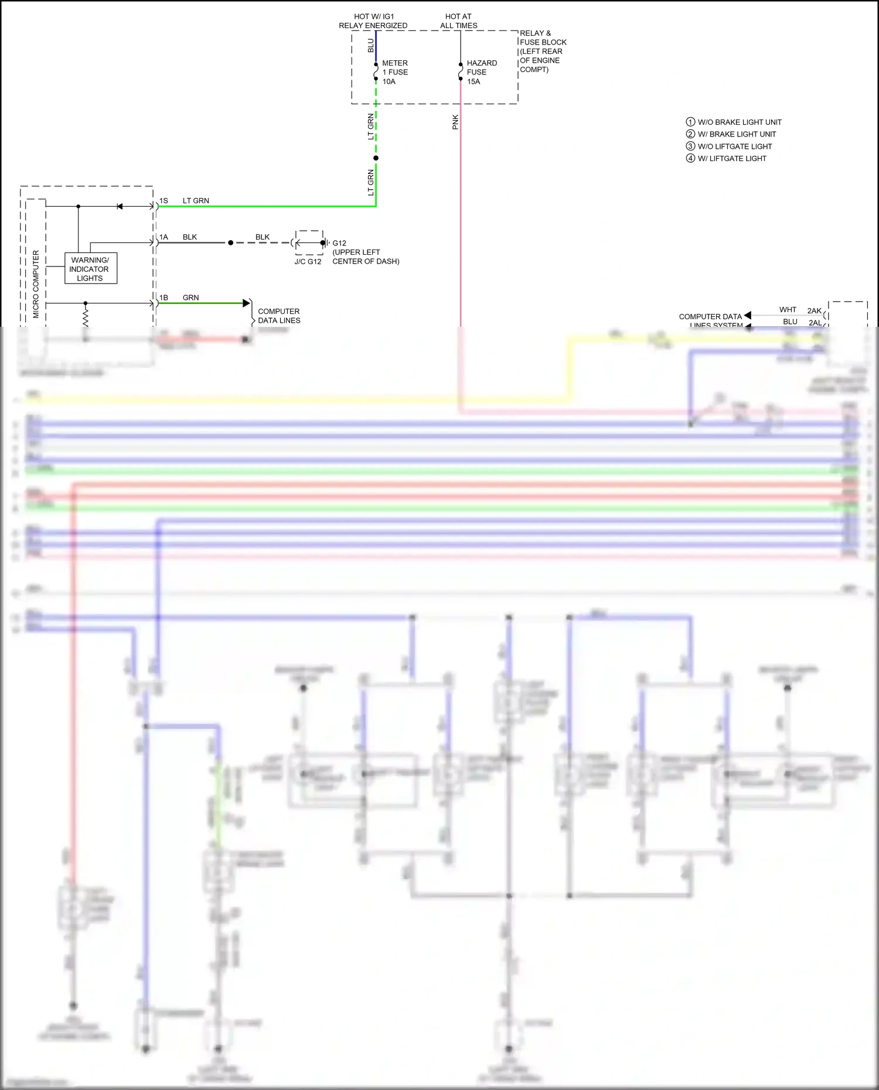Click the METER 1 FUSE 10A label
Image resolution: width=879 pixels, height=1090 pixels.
394,72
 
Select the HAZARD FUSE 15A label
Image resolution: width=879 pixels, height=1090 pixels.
481,72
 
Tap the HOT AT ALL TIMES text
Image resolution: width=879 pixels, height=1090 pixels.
458,21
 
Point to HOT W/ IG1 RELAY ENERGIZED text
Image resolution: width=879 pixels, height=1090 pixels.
373,21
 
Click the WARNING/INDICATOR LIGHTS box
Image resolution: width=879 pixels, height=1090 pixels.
90,269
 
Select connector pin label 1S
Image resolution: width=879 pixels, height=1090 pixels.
163,201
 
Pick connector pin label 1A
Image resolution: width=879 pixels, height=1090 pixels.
163,237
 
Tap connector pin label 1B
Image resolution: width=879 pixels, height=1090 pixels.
163,298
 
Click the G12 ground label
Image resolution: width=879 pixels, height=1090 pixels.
339,243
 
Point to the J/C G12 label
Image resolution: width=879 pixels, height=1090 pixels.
308,262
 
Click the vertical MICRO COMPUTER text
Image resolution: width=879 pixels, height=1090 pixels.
36,284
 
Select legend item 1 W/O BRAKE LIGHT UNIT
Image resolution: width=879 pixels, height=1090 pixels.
734,122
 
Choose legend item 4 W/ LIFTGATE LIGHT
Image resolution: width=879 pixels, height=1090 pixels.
726,158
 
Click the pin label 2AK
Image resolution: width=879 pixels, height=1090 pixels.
814,310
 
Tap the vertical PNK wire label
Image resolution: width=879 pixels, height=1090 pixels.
455,122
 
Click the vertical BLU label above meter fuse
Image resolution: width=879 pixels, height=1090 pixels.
370,45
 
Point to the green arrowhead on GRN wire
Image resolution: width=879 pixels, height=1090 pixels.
246,303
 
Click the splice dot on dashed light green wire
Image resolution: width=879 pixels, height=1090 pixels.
376,158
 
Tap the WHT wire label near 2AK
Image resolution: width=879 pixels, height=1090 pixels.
788,310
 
